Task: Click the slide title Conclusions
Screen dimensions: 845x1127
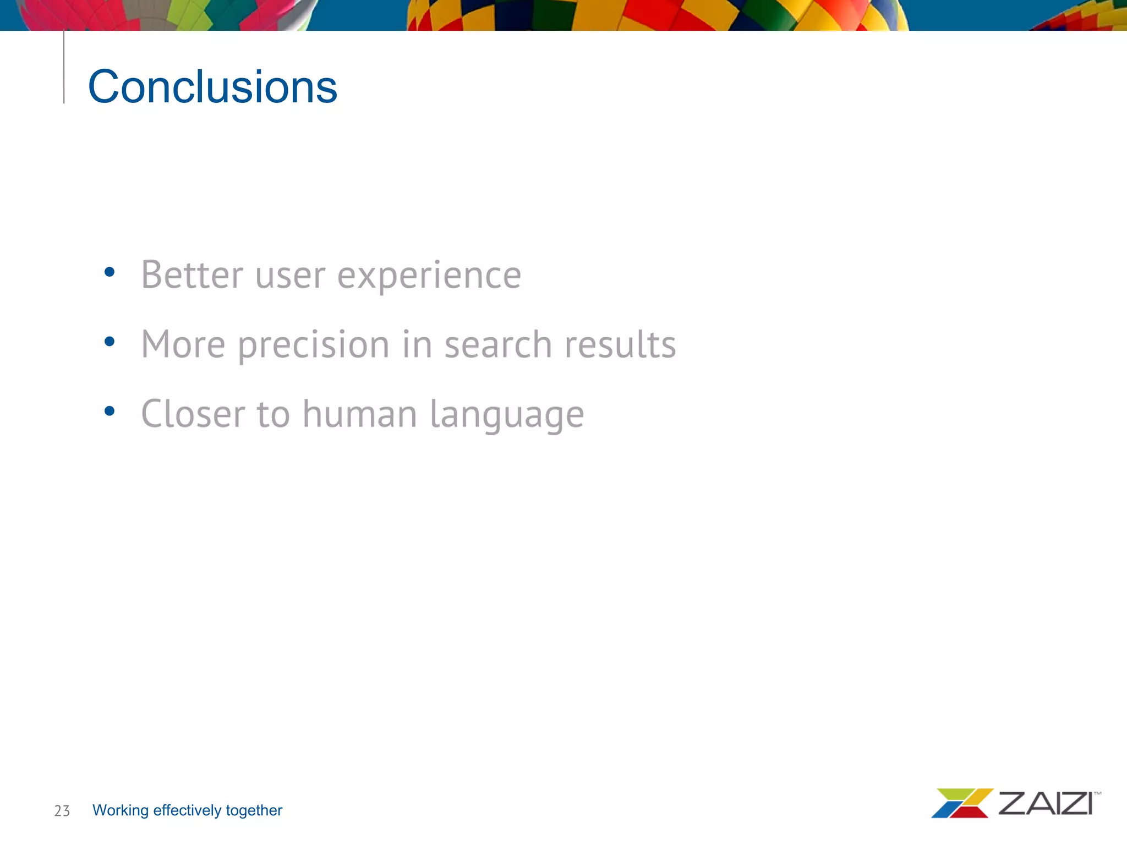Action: [212, 87]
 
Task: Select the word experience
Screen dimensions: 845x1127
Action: [429, 276]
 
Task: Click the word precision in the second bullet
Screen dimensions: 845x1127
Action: [314, 345]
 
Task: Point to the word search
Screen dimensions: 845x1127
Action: [497, 345]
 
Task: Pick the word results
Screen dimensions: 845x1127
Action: [620, 345]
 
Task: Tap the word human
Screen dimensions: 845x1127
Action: [359, 414]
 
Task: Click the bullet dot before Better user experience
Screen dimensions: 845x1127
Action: [110, 272]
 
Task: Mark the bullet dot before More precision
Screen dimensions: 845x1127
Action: [110, 342]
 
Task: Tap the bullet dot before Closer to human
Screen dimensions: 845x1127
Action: [110, 411]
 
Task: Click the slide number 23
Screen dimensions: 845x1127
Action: [62, 811]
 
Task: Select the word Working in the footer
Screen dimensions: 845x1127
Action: [121, 810]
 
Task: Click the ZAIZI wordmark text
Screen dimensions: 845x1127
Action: [1045, 804]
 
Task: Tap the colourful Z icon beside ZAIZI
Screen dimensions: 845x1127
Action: [962, 803]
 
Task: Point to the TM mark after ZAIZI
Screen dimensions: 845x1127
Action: [1097, 794]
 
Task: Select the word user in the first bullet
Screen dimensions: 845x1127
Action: [290, 276]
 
